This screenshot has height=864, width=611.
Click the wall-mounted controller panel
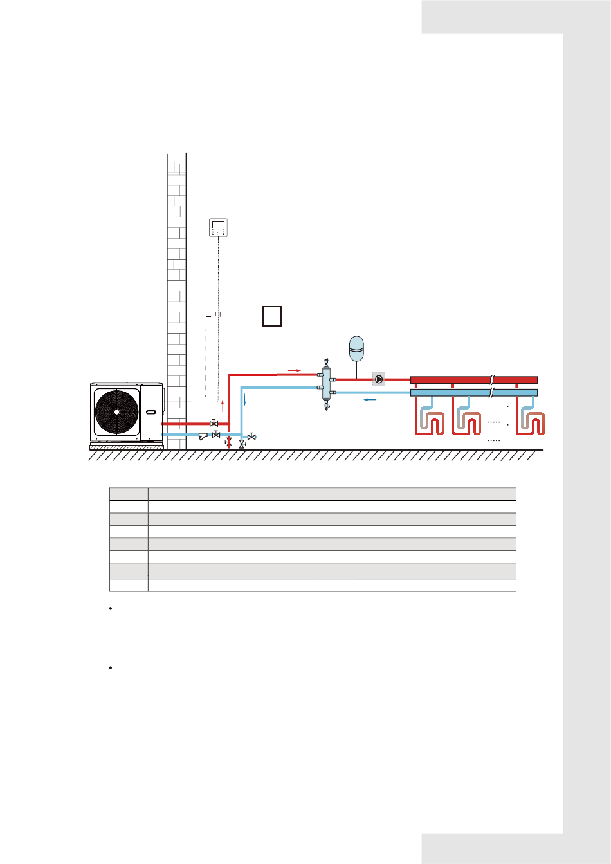219,227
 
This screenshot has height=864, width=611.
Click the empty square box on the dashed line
272,316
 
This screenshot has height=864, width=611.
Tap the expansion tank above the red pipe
356,348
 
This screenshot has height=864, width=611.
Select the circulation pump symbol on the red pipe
379,379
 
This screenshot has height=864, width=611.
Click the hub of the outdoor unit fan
116,411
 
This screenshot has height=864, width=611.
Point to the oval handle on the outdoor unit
151,411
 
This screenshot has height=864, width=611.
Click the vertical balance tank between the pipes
326,383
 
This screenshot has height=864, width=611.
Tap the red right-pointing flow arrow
294,370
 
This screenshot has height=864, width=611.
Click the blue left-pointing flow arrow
370,400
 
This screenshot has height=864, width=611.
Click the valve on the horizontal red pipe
214,424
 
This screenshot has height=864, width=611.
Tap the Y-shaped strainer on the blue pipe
203,437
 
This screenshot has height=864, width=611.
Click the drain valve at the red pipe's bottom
228,443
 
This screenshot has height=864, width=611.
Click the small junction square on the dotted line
217,314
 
